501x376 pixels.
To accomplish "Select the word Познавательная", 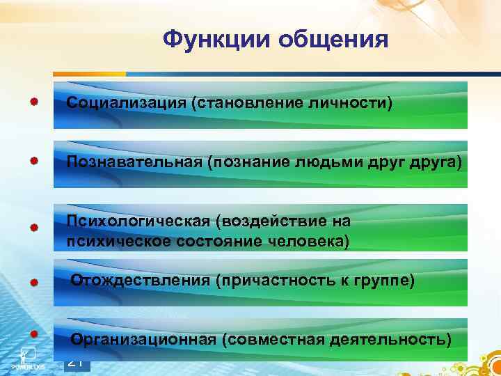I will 133,162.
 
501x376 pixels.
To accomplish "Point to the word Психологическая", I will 138,221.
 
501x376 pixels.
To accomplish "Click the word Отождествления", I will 140,280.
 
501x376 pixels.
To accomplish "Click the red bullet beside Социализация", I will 34,101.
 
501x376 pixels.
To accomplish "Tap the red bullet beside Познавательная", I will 34,160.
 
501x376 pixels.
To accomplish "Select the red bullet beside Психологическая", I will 34,227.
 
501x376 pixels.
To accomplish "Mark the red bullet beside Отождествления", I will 34,282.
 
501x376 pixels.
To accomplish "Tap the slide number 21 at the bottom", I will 77,362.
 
